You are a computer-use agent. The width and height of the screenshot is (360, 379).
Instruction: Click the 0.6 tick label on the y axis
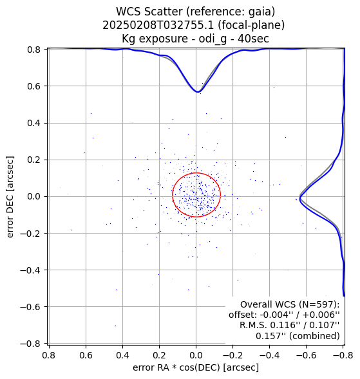click(x=35, y=86)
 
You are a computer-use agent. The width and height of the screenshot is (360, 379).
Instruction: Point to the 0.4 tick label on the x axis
click(x=122, y=355)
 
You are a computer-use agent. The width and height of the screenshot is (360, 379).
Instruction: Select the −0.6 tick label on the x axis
click(x=306, y=355)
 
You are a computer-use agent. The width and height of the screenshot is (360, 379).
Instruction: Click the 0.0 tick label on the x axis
click(x=196, y=355)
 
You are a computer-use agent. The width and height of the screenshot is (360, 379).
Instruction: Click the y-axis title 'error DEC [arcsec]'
click(x=10, y=197)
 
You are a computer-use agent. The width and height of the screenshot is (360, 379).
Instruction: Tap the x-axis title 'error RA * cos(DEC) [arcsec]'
click(x=196, y=367)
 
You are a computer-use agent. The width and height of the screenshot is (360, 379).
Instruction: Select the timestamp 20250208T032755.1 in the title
click(x=158, y=25)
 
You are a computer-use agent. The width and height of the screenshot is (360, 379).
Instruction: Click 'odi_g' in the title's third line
click(x=213, y=39)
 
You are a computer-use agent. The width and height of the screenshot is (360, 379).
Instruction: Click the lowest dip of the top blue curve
click(x=198, y=92)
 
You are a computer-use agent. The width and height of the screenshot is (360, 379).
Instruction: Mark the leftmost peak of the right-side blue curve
click(x=299, y=199)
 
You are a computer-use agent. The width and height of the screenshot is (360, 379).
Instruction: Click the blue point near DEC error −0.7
click(x=115, y=326)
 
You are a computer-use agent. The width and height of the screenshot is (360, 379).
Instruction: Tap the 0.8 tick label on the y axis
click(x=35, y=50)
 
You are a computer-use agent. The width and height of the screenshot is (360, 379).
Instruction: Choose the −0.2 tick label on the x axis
click(x=232, y=355)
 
